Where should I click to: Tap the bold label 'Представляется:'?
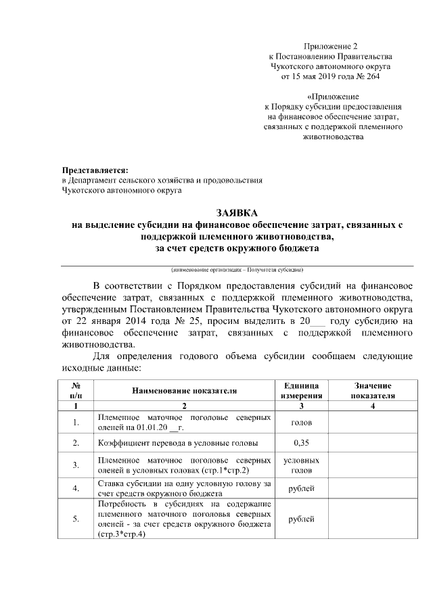pyautogui.click(x=95, y=170)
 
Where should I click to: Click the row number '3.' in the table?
pyautogui.click(x=76, y=465)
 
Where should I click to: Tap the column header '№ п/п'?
pyautogui.click(x=76, y=390)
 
